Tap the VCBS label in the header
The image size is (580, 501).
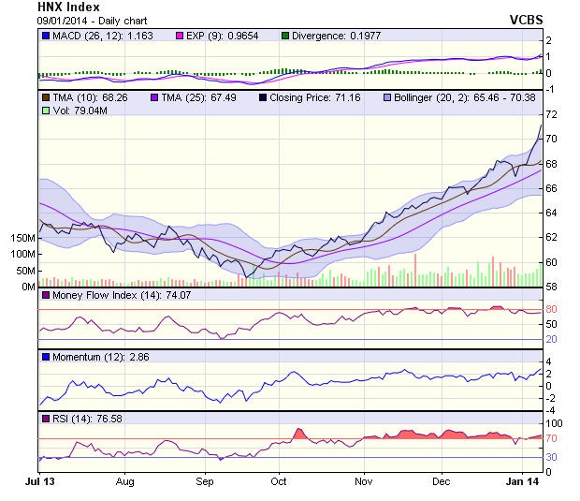[x=526, y=19]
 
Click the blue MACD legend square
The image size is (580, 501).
[x=46, y=36]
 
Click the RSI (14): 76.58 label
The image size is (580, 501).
[x=82, y=419]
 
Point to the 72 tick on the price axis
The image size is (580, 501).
[x=552, y=114]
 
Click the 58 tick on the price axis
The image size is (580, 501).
[x=552, y=287]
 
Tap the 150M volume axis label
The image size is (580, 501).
[x=22, y=238]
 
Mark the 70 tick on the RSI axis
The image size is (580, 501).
[x=552, y=438]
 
